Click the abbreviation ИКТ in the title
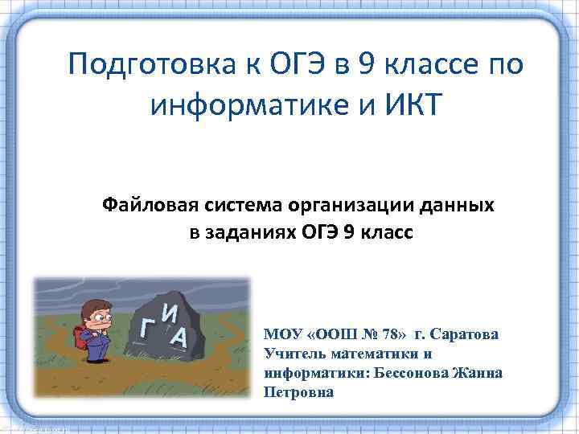click(x=409, y=104)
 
